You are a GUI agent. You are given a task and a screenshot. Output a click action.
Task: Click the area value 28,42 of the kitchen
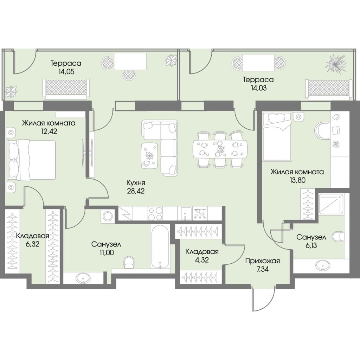click(136, 191)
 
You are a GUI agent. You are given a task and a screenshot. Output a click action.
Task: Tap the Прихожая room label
click(262, 261)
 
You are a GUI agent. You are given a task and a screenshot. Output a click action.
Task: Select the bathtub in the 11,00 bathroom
click(160, 246)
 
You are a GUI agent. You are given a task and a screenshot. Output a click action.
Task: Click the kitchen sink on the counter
click(186, 213)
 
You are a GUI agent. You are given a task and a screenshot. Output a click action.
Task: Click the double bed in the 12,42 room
click(32, 160)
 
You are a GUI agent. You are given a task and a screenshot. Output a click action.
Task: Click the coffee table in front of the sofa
click(150, 155)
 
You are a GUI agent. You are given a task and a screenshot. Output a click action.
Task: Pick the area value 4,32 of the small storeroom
click(202, 260)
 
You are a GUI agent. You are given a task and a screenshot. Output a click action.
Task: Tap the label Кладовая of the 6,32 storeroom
click(33, 236)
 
